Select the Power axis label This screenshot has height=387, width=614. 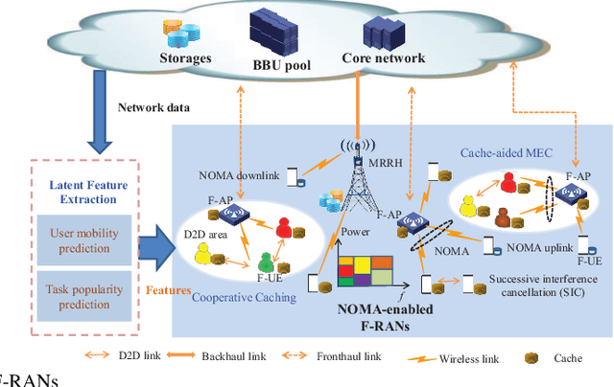tap(356, 232)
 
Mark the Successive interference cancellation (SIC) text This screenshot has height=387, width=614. tap(536, 286)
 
